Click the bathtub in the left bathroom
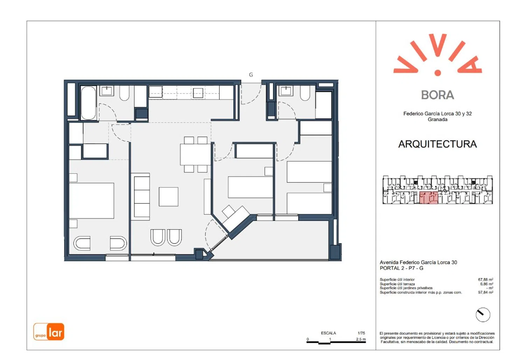[88, 103]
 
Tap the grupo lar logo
[49, 331]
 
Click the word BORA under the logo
[437, 95]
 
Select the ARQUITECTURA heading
[437, 144]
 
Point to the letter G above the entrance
[251, 75]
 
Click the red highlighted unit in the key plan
[428, 198]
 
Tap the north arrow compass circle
[483, 315]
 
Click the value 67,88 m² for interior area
[486, 279]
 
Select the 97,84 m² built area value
[486, 292]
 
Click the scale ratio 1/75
[361, 333]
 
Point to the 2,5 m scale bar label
[361, 339]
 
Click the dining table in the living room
[195, 154]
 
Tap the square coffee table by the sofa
[168, 197]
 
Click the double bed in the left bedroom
[92, 201]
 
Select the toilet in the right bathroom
[305, 93]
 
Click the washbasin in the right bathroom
[286, 91]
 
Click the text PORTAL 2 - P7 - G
[401, 268]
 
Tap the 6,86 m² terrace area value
[486, 284]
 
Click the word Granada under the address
[437, 120]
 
